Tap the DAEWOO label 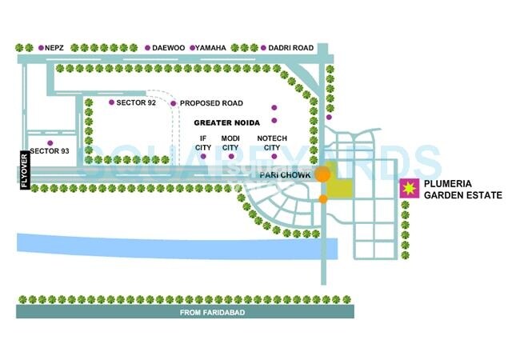pos(168,49)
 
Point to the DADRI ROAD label pos(291,49)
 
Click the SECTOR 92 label pos(136,103)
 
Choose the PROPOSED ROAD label pos(211,103)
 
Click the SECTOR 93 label pos(50,151)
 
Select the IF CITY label pos(204,143)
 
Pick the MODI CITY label pos(230,143)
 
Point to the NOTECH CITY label pos(272,143)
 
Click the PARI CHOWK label pos(284,174)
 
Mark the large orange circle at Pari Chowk pos(323,174)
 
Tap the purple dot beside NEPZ pos(41,49)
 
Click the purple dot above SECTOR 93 pos(50,142)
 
